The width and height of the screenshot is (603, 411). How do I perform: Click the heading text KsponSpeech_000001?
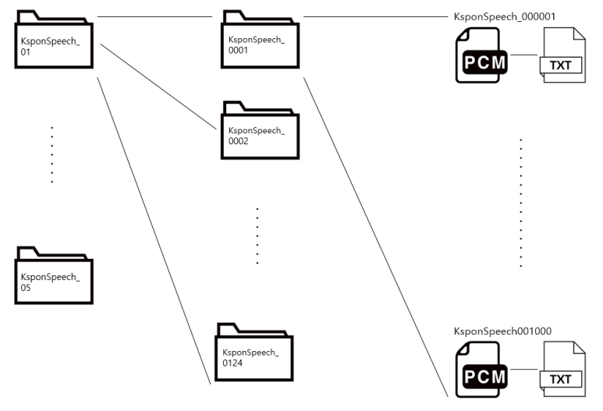(x=504, y=16)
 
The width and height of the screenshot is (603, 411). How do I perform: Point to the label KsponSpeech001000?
(x=502, y=331)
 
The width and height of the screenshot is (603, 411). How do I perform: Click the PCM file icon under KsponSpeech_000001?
(x=481, y=57)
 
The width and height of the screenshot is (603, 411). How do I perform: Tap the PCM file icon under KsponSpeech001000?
(x=481, y=370)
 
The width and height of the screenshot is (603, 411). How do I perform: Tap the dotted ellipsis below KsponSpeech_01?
(x=51, y=154)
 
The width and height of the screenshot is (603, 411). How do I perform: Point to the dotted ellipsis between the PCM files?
(x=520, y=203)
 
